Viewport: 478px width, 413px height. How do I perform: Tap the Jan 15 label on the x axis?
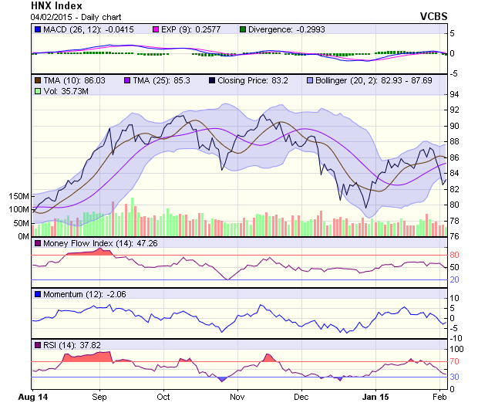376,397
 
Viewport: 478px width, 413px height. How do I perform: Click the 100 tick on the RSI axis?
456,349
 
